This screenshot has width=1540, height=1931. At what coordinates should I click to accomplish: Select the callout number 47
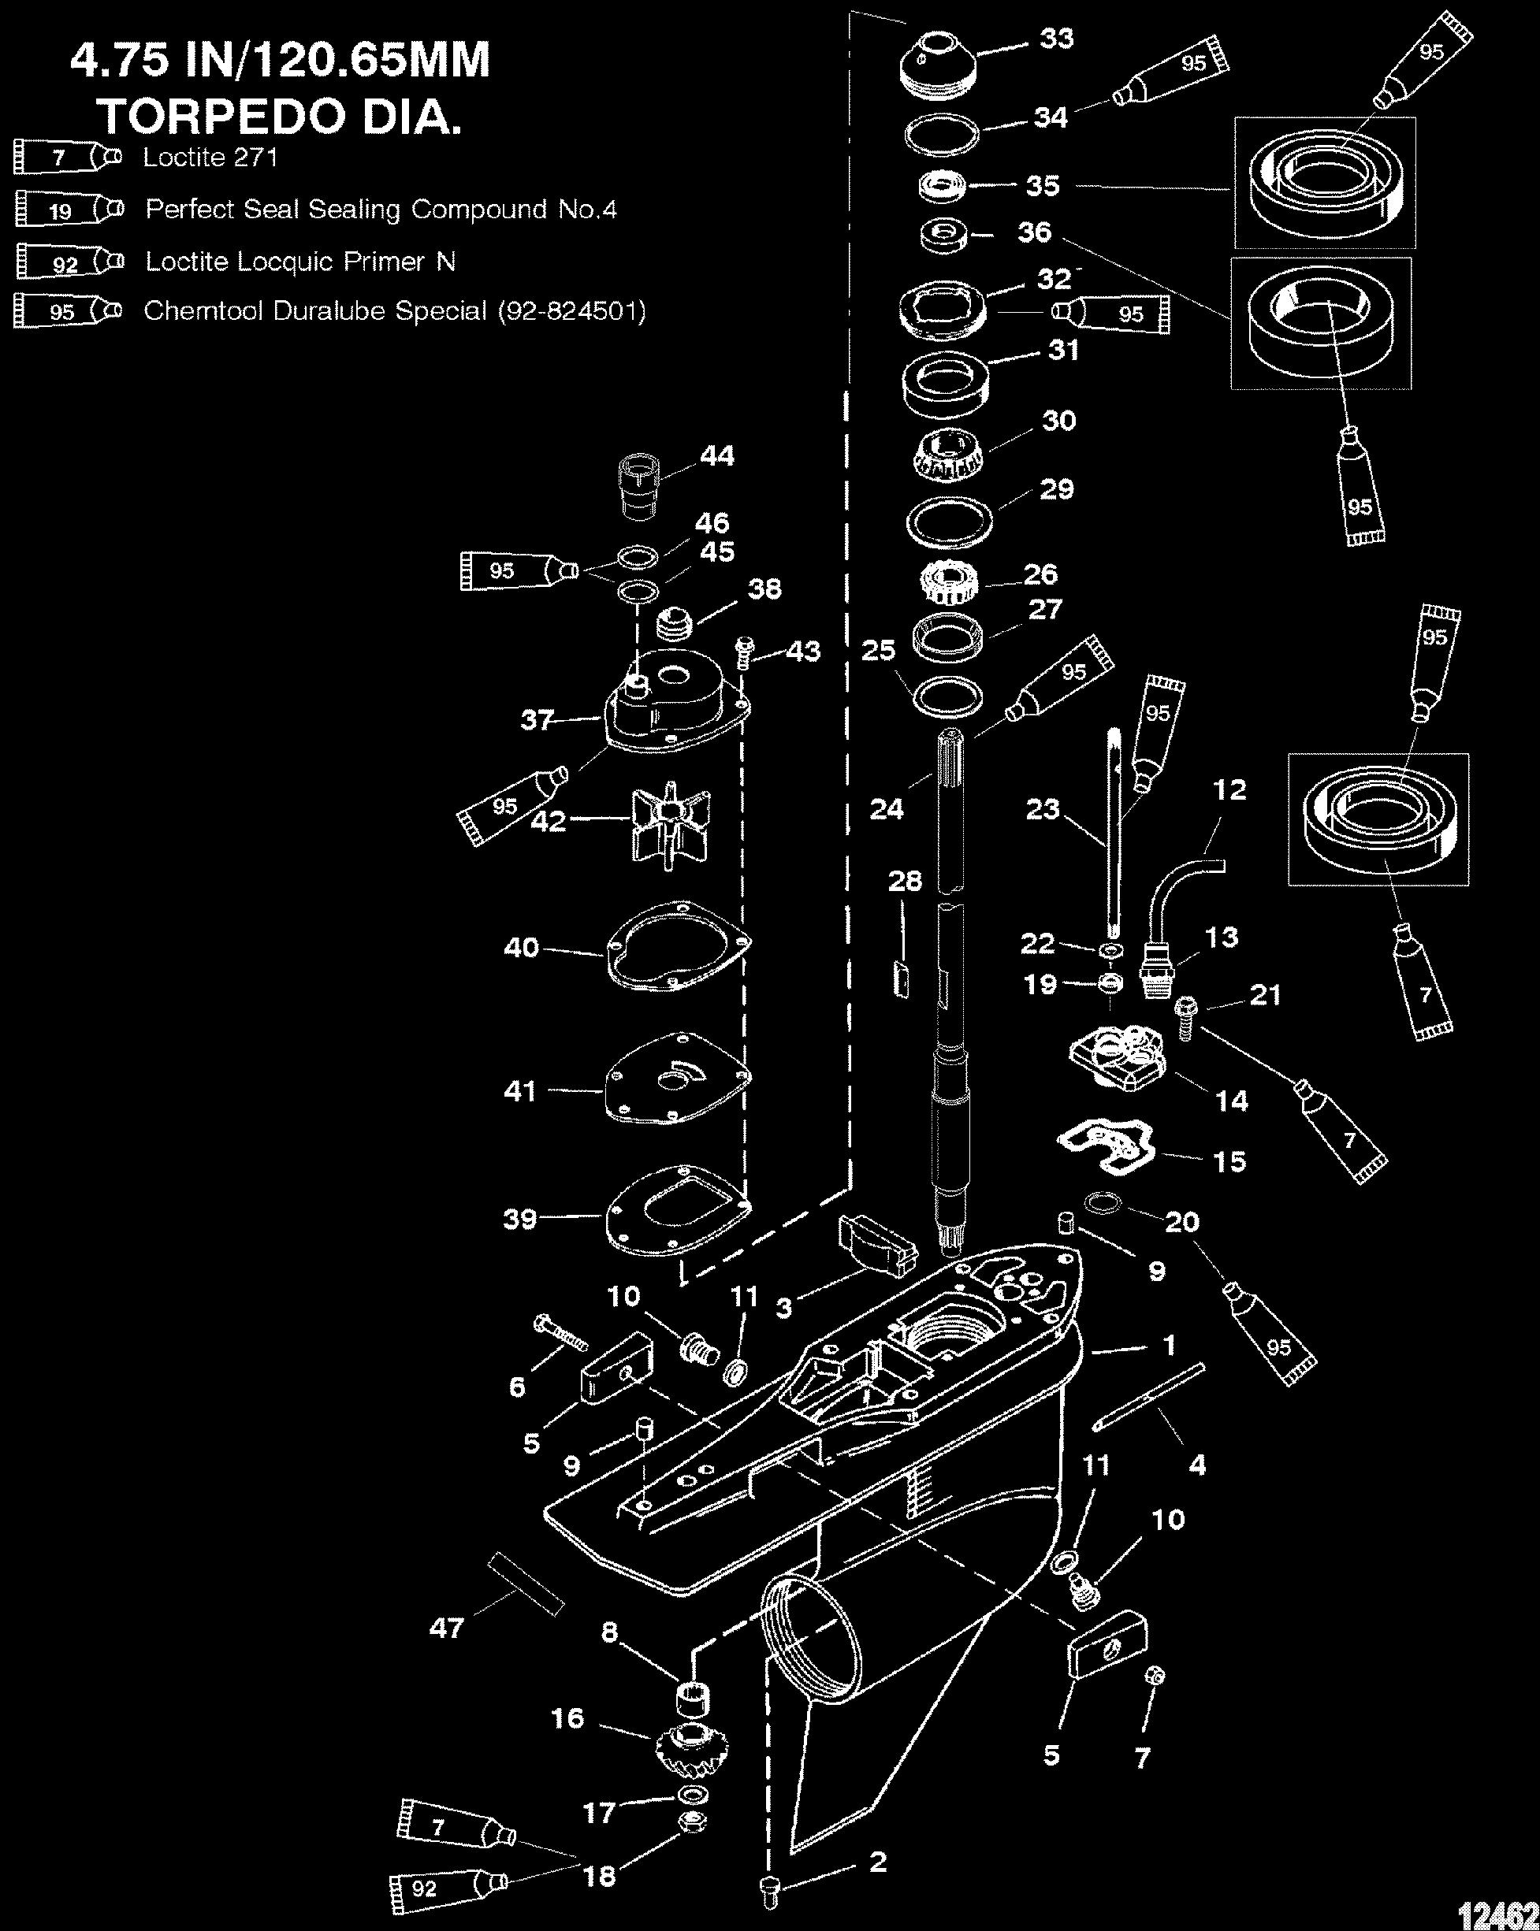446,1628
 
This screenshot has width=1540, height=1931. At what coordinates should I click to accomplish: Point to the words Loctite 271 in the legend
210,158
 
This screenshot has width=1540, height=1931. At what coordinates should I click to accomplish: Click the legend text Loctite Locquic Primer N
301,262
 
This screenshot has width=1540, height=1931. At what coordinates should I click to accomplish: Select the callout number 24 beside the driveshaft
887,809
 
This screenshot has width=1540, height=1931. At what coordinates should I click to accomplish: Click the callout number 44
716,456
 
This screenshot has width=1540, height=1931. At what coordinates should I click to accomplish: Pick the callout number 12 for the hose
1230,790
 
